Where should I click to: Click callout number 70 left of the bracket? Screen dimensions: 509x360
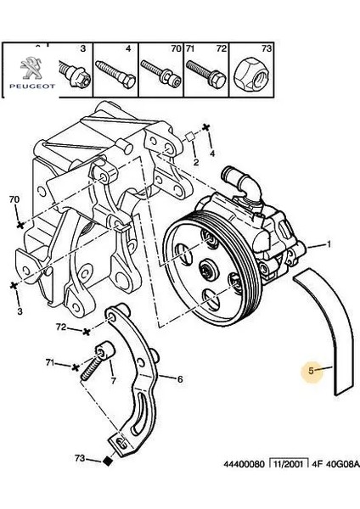13,200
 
